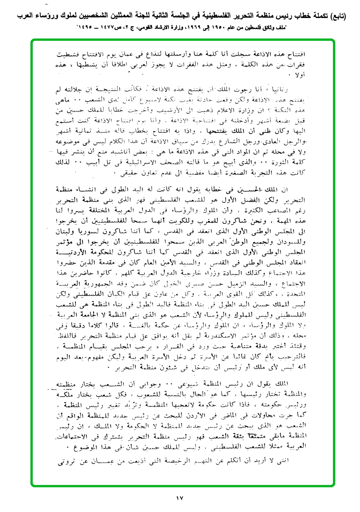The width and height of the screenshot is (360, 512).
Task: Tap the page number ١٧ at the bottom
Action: pyautogui.click(x=179, y=498)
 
